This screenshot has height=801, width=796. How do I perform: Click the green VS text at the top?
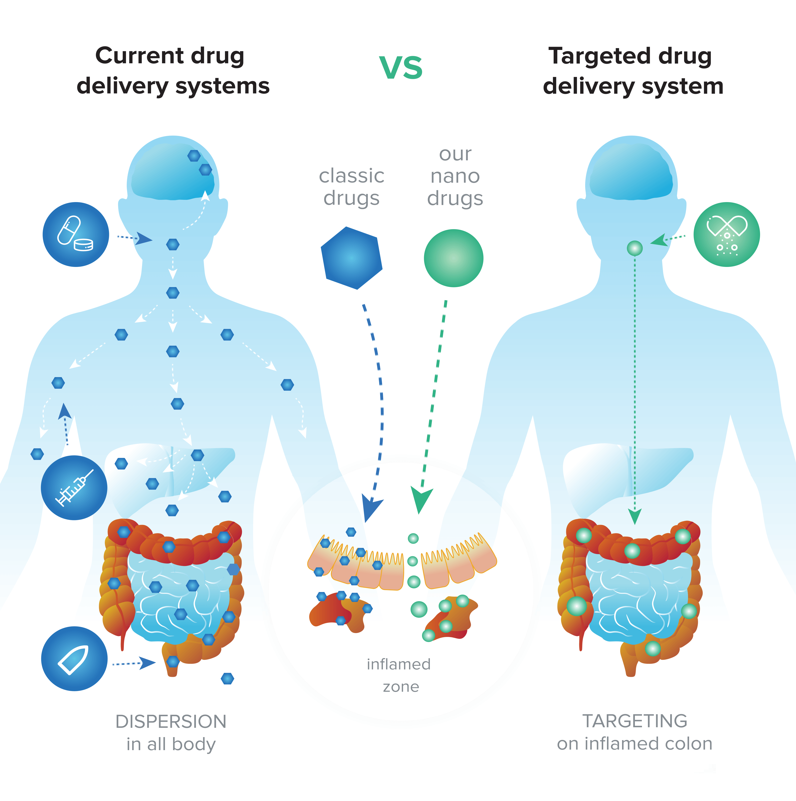(401, 68)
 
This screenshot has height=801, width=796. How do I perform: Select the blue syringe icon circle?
(74, 488)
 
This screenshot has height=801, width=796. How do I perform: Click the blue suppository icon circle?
(74, 658)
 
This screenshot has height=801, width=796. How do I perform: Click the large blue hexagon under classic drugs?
(352, 258)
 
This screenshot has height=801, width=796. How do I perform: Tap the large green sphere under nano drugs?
(453, 258)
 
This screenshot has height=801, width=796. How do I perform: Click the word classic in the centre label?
(352, 176)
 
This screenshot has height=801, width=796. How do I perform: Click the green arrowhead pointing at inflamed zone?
(421, 499)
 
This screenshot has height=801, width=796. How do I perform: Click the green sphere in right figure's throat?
(634, 248)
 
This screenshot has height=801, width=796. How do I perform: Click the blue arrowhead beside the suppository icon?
(147, 663)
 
